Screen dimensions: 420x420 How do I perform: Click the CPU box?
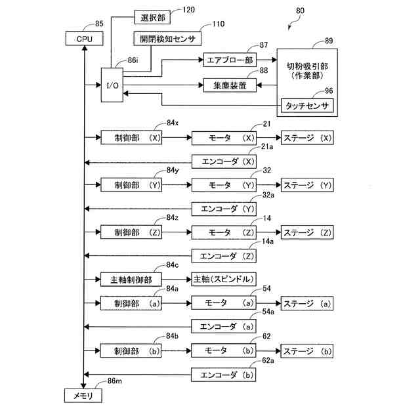(85, 39)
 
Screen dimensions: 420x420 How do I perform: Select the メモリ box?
(83, 396)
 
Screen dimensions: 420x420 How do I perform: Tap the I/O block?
(112, 85)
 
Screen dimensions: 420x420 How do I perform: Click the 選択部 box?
(152, 18)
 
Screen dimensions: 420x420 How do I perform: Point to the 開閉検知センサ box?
(167, 39)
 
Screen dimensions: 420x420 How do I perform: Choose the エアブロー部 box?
(230, 60)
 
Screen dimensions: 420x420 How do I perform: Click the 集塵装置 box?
(230, 85)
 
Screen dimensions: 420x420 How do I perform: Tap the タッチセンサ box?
(307, 106)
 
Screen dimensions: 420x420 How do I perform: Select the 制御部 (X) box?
(131, 137)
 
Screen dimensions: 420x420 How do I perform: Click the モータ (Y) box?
(224, 185)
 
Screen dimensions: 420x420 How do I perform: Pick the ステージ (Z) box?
(307, 232)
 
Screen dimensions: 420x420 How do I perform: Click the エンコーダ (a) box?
(224, 326)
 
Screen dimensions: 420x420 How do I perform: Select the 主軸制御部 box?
(131, 280)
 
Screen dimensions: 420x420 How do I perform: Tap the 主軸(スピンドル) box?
(224, 279)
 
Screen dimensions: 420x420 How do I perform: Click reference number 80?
(300, 10)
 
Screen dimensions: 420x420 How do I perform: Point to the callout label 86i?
(133, 60)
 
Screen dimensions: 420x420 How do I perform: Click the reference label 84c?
(172, 264)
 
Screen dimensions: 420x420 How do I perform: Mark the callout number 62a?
(268, 360)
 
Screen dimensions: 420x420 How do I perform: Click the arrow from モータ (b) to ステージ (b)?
(268, 350)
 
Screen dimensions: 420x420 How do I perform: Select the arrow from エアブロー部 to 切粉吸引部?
(267, 60)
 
